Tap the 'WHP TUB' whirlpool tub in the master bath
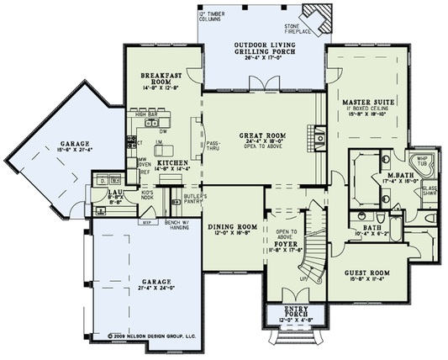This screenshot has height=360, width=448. (419, 163)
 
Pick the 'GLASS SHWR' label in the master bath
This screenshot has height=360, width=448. (429, 192)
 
